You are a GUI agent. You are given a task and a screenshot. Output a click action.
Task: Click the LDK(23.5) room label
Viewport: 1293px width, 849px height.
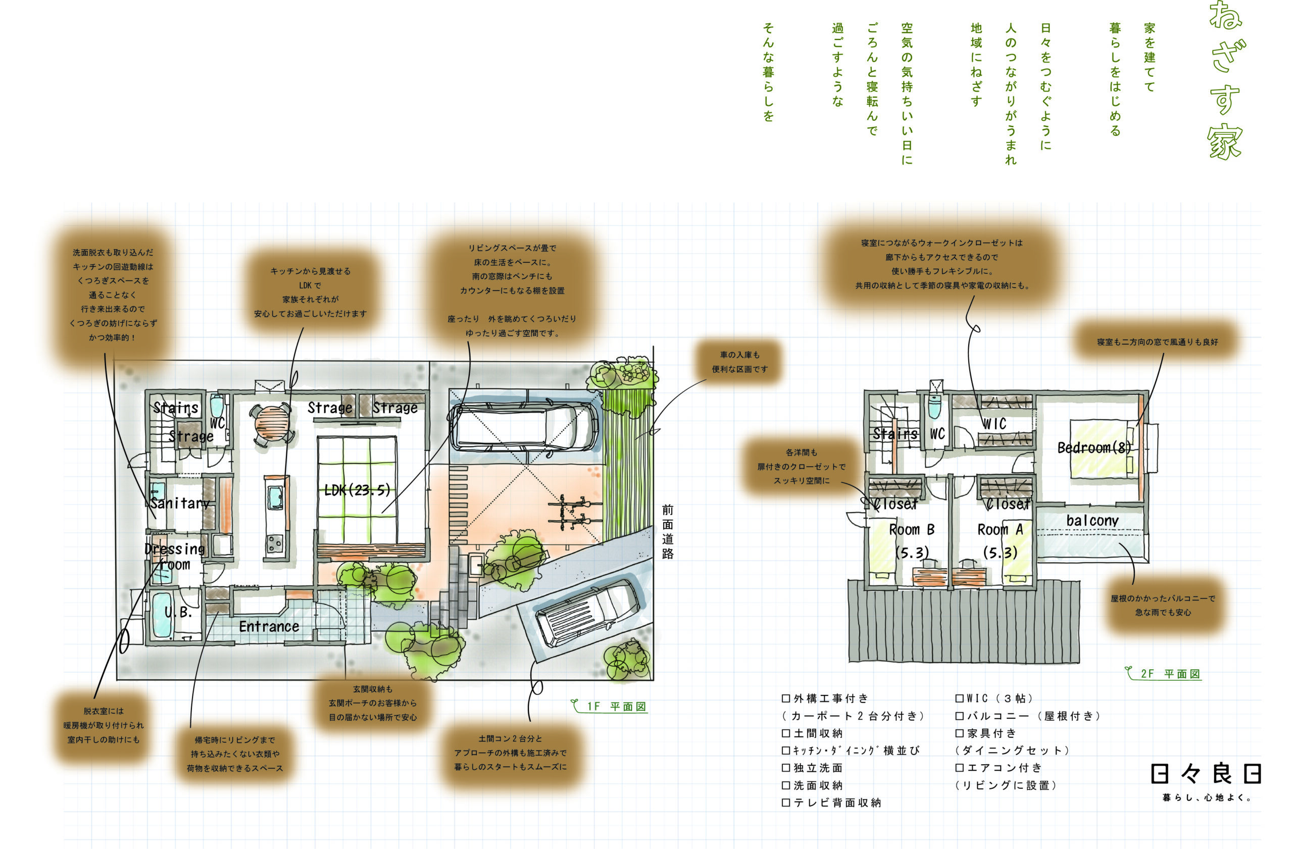click(358, 490)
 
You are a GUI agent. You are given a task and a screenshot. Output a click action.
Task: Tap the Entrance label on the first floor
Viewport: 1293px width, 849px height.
click(269, 627)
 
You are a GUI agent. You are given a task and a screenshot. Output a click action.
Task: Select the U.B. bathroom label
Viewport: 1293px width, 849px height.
click(178, 613)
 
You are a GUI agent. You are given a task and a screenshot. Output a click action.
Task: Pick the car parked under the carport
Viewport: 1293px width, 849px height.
click(525, 427)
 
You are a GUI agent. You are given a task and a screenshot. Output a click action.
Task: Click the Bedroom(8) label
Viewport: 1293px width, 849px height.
click(1094, 447)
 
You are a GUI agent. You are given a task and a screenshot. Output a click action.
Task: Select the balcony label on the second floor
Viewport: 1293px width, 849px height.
click(1092, 520)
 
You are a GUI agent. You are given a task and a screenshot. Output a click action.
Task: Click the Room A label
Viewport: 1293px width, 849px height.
click(1000, 529)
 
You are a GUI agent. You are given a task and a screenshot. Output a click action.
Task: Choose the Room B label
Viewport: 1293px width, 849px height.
click(912, 529)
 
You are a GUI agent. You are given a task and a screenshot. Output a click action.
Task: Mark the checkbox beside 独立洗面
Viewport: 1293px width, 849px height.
click(785, 768)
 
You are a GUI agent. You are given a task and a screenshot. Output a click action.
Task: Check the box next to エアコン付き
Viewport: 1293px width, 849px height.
click(960, 768)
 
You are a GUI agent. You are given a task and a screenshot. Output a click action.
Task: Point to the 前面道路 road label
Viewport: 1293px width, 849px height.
click(668, 532)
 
